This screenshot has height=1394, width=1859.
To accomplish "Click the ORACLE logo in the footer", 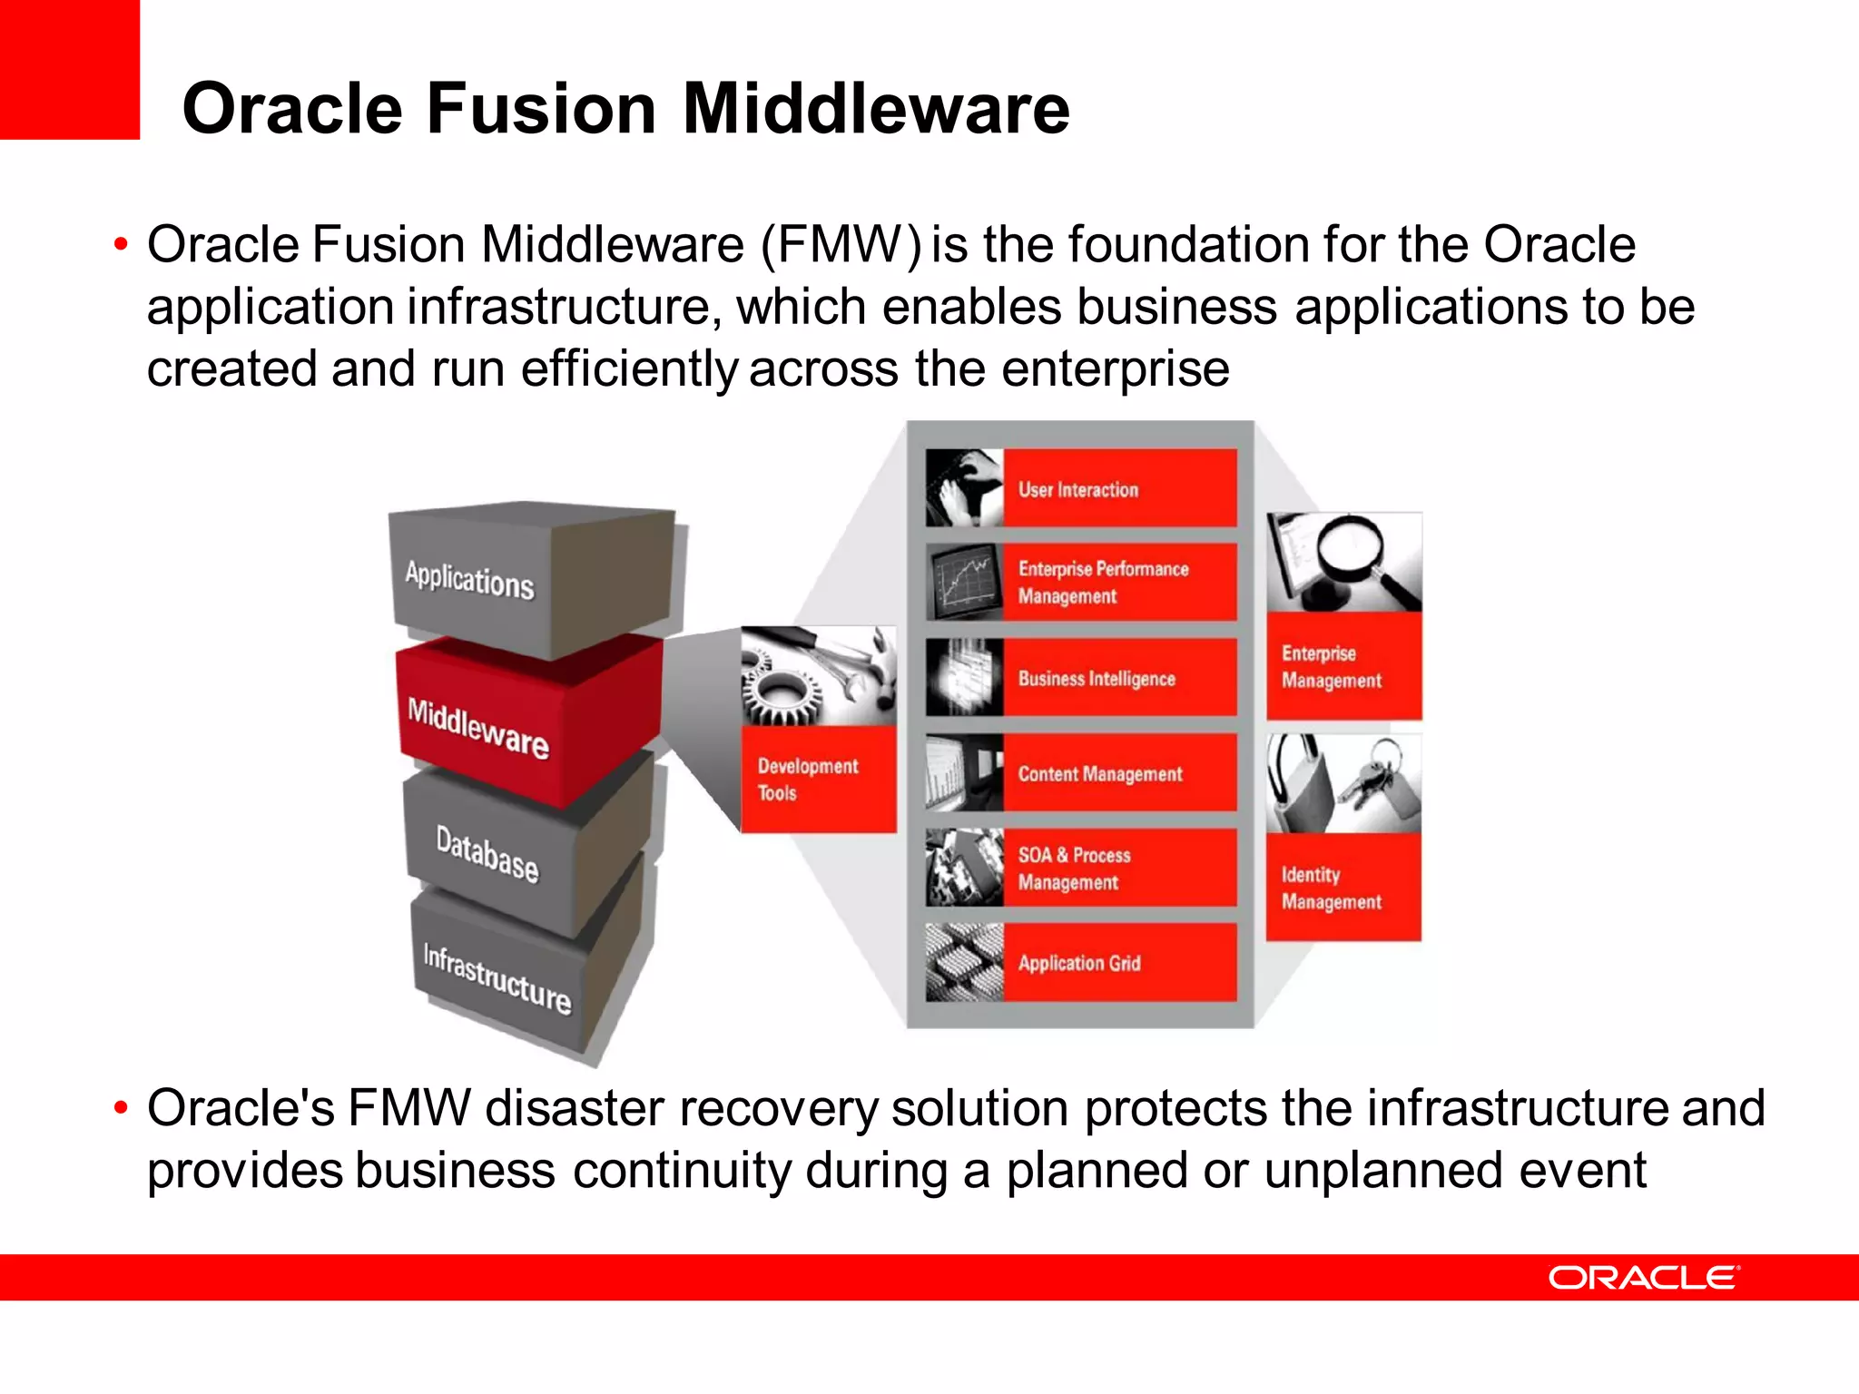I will pyautogui.click(x=1643, y=1277).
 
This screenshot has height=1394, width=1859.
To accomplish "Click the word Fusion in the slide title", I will pyautogui.click(x=541, y=109).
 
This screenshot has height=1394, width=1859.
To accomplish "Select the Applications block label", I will pyautogui.click(x=469, y=580).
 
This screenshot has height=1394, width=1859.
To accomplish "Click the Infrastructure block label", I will pyautogui.click(x=497, y=978).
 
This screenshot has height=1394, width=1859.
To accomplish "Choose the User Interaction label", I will pyautogui.click(x=1078, y=490).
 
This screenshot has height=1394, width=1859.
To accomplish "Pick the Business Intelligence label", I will pyautogui.click(x=1097, y=679).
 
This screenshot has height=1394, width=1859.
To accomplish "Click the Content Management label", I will pyautogui.click(x=1100, y=774).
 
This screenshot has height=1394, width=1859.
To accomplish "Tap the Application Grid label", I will pyautogui.click(x=1079, y=963).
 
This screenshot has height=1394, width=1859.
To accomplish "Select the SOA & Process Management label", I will pyautogui.click(x=1074, y=869).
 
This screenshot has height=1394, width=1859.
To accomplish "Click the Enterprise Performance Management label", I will pyautogui.click(x=1103, y=583).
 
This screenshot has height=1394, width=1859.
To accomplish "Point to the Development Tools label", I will pyautogui.click(x=807, y=779).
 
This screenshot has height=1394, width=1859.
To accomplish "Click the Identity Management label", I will pyautogui.click(x=1331, y=888).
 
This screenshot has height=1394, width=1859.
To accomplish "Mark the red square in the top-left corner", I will pyautogui.click(x=69, y=69).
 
